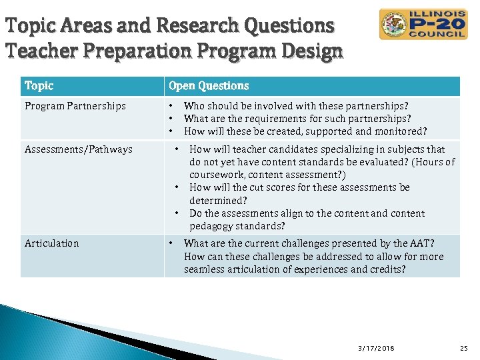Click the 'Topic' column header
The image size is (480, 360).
(x=39, y=86)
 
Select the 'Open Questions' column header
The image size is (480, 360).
(x=209, y=86)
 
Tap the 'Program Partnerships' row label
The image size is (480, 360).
(x=75, y=106)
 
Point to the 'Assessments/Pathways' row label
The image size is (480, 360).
(x=78, y=149)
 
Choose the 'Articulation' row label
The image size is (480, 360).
(x=51, y=243)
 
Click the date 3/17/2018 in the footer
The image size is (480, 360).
(x=375, y=348)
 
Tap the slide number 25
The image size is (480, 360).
(x=464, y=348)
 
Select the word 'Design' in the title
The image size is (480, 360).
(x=313, y=51)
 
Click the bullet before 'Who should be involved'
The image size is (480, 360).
(x=171, y=106)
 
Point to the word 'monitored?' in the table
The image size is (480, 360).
(x=402, y=131)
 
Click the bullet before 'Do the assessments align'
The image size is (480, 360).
(x=177, y=213)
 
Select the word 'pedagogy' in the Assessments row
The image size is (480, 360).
(x=211, y=226)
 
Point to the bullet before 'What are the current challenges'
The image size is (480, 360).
(x=171, y=243)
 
